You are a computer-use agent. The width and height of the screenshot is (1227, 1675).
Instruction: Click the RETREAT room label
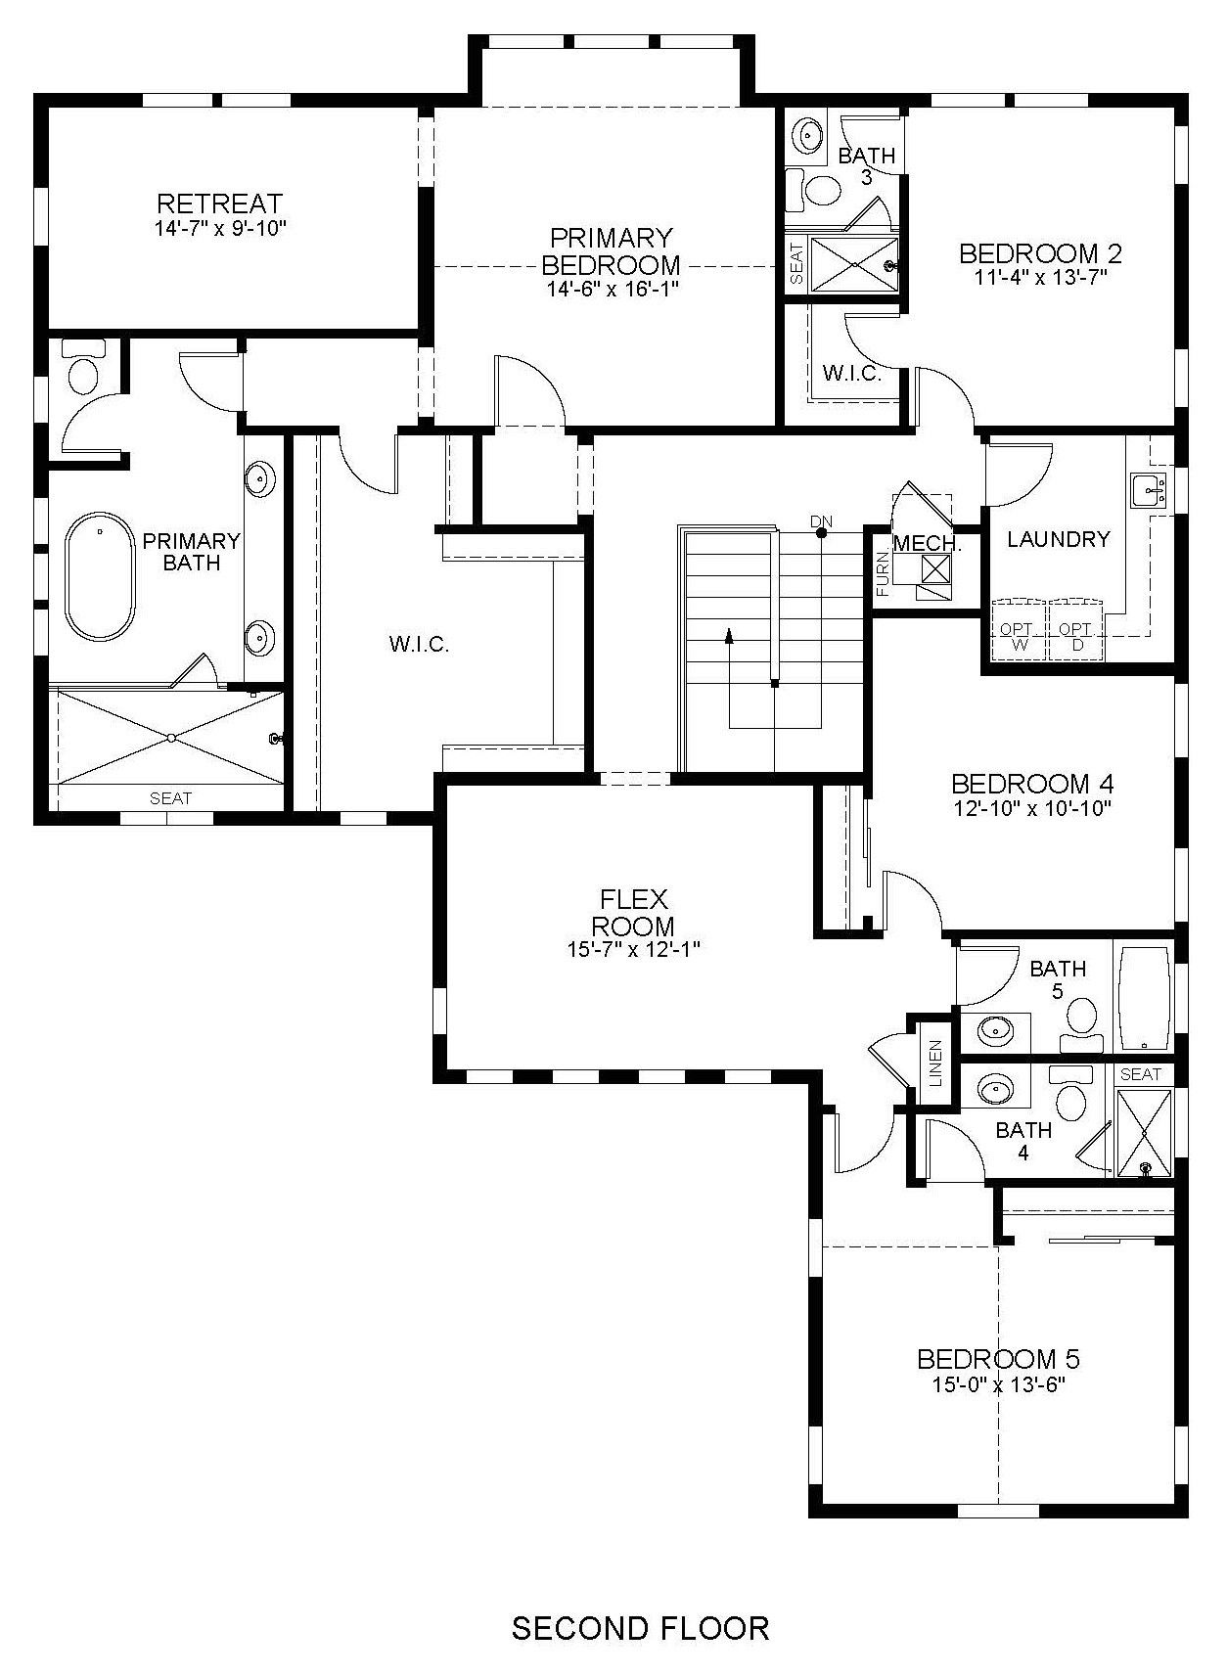click(x=220, y=204)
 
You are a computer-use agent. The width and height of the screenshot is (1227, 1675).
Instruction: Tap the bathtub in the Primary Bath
click(x=100, y=575)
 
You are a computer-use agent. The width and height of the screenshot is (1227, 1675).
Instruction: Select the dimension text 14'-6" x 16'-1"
click(x=613, y=289)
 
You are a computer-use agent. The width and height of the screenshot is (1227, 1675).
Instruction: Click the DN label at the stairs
click(x=821, y=521)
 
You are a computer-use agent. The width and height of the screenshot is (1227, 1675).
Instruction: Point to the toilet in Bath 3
click(x=818, y=190)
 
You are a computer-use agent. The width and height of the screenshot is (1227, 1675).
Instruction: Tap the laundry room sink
click(x=1148, y=490)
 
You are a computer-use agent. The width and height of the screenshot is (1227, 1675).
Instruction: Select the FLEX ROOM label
click(x=633, y=912)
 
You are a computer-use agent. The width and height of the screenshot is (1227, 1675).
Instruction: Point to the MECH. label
click(x=928, y=544)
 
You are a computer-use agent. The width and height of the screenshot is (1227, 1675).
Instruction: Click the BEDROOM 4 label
click(x=1032, y=784)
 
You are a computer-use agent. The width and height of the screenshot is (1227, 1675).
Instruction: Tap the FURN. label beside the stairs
click(x=883, y=573)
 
